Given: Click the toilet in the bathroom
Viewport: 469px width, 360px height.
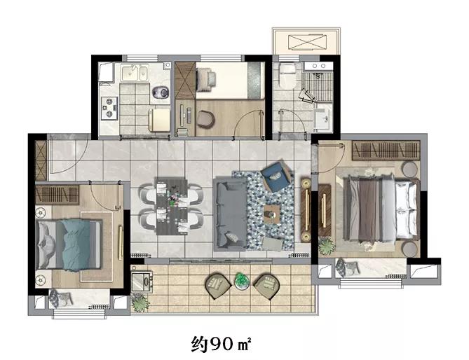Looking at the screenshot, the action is pyautogui.click(x=287, y=75).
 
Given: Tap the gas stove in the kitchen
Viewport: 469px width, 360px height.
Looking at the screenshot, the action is pyautogui.click(x=109, y=108).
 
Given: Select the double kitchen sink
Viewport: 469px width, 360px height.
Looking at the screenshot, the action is pyautogui.click(x=135, y=73).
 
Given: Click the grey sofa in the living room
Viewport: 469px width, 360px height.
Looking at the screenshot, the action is pyautogui.click(x=230, y=214).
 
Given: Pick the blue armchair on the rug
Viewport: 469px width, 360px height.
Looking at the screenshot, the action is pyautogui.click(x=276, y=176).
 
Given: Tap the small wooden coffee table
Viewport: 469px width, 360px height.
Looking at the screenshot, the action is pyautogui.click(x=272, y=214).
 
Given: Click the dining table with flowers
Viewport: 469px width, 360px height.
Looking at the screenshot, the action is pyautogui.click(x=172, y=206).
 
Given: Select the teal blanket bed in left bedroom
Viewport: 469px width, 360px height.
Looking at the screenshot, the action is pyautogui.click(x=69, y=244).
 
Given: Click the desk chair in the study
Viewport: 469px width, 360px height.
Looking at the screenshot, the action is pyautogui.click(x=206, y=119).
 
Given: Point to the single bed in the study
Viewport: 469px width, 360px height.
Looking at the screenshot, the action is pyautogui.click(x=231, y=81).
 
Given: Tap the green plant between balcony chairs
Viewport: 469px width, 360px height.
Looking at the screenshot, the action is pyautogui.click(x=242, y=281).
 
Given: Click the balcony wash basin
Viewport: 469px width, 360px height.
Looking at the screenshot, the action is pyautogui.click(x=142, y=281).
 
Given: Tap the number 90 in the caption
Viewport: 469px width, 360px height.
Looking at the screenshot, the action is pyautogui.click(x=222, y=345).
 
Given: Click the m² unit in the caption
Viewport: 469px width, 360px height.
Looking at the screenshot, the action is pyautogui.click(x=244, y=345).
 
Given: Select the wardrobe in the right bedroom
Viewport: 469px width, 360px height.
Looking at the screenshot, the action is pyautogui.click(x=386, y=151).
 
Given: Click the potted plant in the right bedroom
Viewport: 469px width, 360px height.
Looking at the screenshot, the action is pyautogui.click(x=326, y=246).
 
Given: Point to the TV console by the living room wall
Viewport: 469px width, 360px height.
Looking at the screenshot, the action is pyautogui.click(x=306, y=210).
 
